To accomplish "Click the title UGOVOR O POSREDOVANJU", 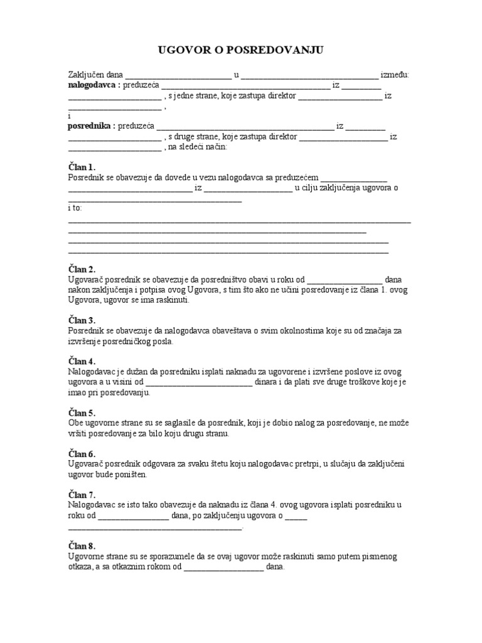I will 240,50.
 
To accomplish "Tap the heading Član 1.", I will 81,167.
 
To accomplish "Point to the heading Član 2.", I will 81,269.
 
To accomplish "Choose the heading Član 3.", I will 81,320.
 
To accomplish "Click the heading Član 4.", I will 81,361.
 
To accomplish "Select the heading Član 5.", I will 81,413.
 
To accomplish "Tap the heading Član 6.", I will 81,453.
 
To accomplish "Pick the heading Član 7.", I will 81,494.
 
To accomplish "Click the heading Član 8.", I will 81,546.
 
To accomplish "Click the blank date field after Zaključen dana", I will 179,75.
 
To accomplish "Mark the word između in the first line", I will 395,75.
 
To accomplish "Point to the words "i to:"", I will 74,208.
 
